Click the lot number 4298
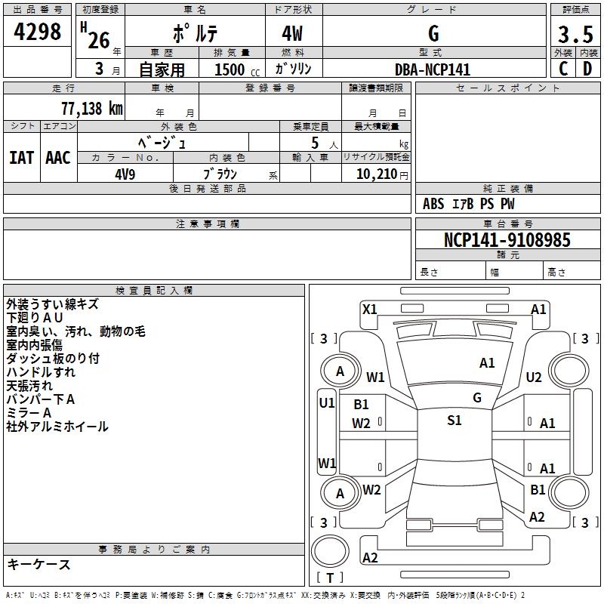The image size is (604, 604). [39, 32]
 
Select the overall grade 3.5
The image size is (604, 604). [574, 34]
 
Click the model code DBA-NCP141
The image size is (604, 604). [433, 69]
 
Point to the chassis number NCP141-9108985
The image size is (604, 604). [507, 240]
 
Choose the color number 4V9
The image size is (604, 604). [125, 173]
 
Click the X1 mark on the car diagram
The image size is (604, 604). [370, 309]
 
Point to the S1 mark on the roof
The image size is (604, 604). [454, 421]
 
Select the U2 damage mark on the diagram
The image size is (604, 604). [534, 377]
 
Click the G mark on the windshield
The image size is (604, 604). [476, 397]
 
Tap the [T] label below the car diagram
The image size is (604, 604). [330, 578]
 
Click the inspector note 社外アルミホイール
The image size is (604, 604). [57, 427]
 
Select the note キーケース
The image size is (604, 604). [39, 564]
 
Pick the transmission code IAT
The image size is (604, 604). [21, 157]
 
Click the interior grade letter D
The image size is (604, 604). [587, 69]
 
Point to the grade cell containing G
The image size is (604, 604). [433, 33]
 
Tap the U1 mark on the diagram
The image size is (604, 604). [327, 403]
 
